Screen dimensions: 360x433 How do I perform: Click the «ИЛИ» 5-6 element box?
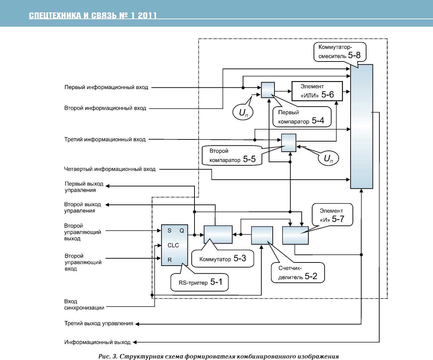(317, 91)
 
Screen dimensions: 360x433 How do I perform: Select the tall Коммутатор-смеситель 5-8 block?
(361, 126)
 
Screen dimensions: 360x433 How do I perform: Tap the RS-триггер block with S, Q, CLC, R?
(174, 245)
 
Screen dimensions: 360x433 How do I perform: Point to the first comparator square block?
(268, 90)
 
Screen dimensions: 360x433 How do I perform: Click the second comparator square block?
(289, 143)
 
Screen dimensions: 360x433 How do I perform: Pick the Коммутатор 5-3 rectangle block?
(218, 234)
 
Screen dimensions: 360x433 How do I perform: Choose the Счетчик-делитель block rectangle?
(262, 235)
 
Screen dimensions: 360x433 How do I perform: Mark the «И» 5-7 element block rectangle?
(295, 235)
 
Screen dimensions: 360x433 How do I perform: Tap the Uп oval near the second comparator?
(328, 158)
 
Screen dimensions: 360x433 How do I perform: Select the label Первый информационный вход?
(106, 87)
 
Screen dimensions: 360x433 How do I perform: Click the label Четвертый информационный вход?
(110, 169)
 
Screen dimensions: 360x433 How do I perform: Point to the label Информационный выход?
(97, 342)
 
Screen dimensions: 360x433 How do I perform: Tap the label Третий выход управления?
(98, 324)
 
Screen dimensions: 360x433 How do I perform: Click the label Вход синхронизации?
(84, 304)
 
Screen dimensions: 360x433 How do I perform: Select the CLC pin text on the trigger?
(173, 245)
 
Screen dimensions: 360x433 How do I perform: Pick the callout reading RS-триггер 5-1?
(199, 282)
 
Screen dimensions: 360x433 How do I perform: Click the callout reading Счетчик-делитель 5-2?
(298, 273)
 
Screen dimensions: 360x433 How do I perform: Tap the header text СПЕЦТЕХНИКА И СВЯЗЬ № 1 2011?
(93, 15)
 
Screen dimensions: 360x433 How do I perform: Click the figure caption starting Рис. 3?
(219, 356)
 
